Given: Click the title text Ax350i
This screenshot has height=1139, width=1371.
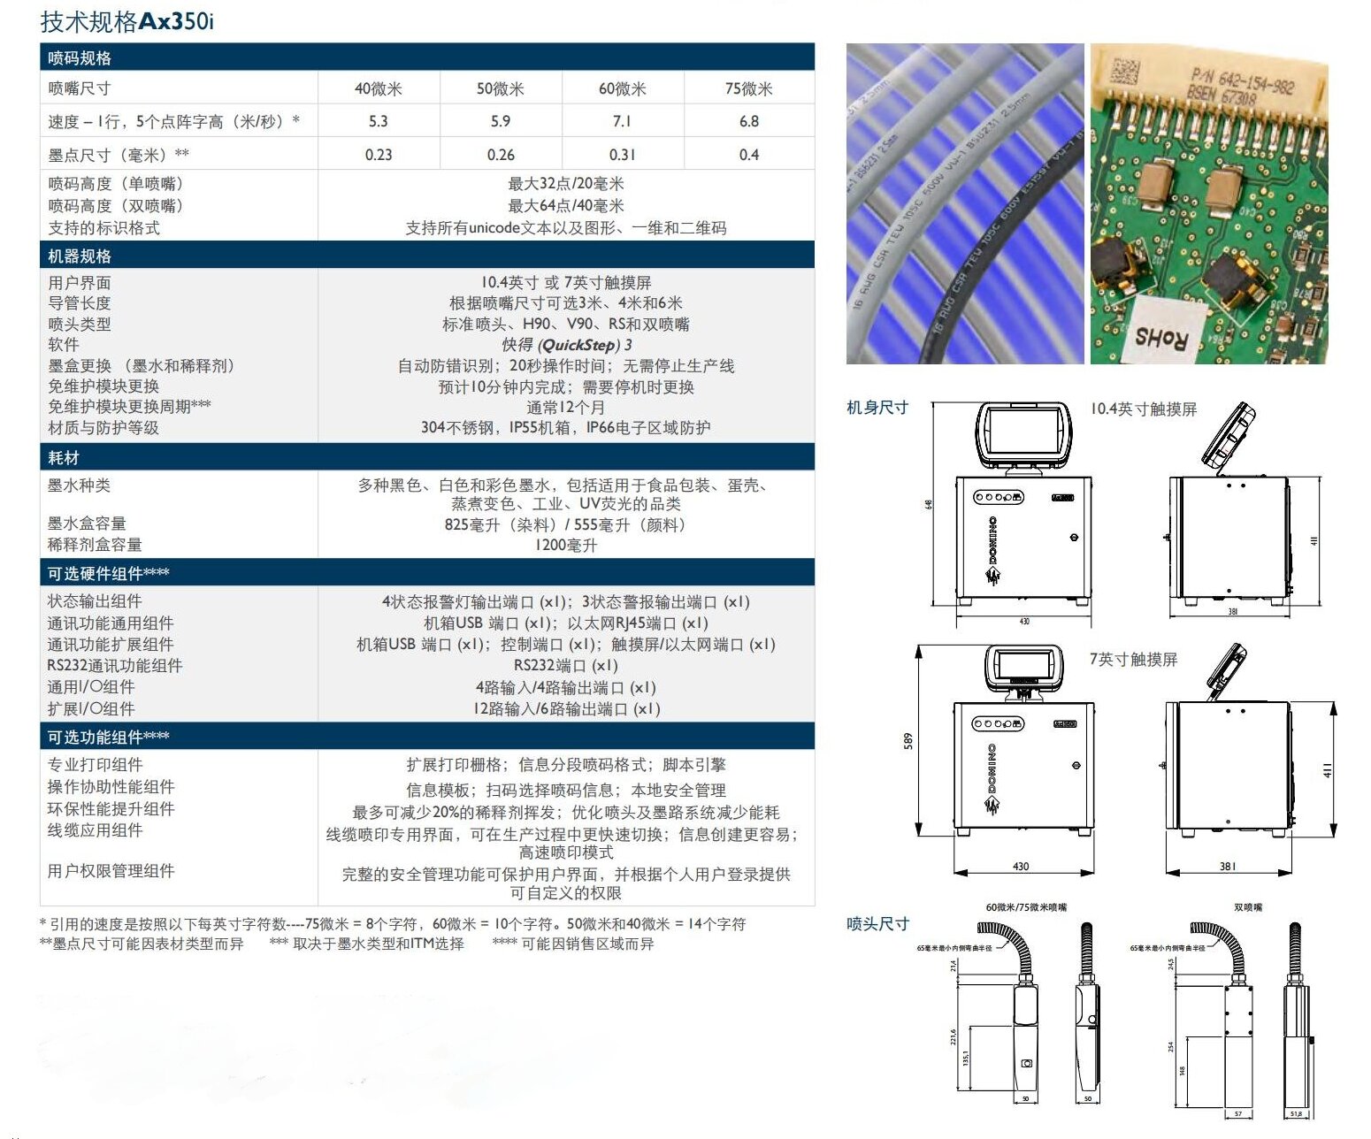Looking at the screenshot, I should (176, 21).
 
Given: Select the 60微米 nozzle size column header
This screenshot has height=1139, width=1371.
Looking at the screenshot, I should (622, 88).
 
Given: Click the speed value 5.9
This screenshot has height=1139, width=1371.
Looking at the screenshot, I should (501, 121).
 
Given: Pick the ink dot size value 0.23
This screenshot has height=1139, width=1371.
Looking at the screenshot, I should (379, 155).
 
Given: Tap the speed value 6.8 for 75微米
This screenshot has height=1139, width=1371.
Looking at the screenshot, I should (748, 121).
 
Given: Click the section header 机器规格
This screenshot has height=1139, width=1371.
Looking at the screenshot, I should (80, 256).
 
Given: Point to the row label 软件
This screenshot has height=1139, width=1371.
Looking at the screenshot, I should (64, 345).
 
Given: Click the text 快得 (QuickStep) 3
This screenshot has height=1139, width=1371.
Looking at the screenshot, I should (566, 345).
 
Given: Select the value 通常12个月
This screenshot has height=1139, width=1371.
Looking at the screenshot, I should (566, 408).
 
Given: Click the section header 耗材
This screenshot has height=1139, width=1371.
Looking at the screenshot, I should (64, 458).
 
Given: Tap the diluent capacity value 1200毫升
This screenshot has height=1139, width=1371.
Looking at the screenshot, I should (566, 546).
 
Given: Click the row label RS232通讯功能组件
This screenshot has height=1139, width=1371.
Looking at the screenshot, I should (115, 666).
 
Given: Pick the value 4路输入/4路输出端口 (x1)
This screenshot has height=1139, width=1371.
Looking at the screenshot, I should (566, 688).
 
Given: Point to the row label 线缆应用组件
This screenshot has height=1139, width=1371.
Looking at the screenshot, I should (95, 830).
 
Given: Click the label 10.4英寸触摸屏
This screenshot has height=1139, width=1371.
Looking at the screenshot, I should (1143, 409).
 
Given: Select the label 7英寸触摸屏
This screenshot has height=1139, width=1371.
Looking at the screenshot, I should (1133, 660).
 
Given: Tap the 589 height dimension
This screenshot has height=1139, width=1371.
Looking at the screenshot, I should (908, 741).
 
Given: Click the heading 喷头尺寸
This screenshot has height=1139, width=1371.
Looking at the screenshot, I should (877, 924).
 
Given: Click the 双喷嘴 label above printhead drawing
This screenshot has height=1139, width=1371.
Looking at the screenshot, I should (1248, 907).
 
